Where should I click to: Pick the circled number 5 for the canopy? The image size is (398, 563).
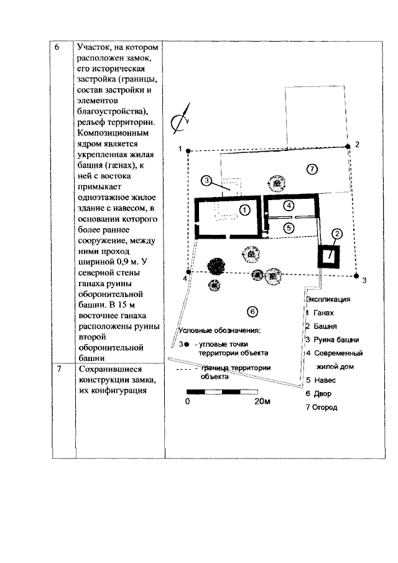click(x=289, y=227)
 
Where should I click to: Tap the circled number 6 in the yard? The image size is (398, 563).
click(x=252, y=311)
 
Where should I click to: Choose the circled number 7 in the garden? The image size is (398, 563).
click(x=312, y=168)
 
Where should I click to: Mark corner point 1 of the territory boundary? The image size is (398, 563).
click(x=187, y=150)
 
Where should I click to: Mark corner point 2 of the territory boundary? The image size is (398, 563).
click(x=348, y=146)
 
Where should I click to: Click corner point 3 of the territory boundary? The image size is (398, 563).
click(x=356, y=275)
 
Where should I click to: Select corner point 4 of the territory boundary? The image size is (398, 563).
click(x=188, y=272)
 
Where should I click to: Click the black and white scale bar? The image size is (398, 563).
click(x=223, y=392)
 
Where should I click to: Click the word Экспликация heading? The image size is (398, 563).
click(x=328, y=299)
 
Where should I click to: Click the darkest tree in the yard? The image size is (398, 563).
click(x=216, y=266)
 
